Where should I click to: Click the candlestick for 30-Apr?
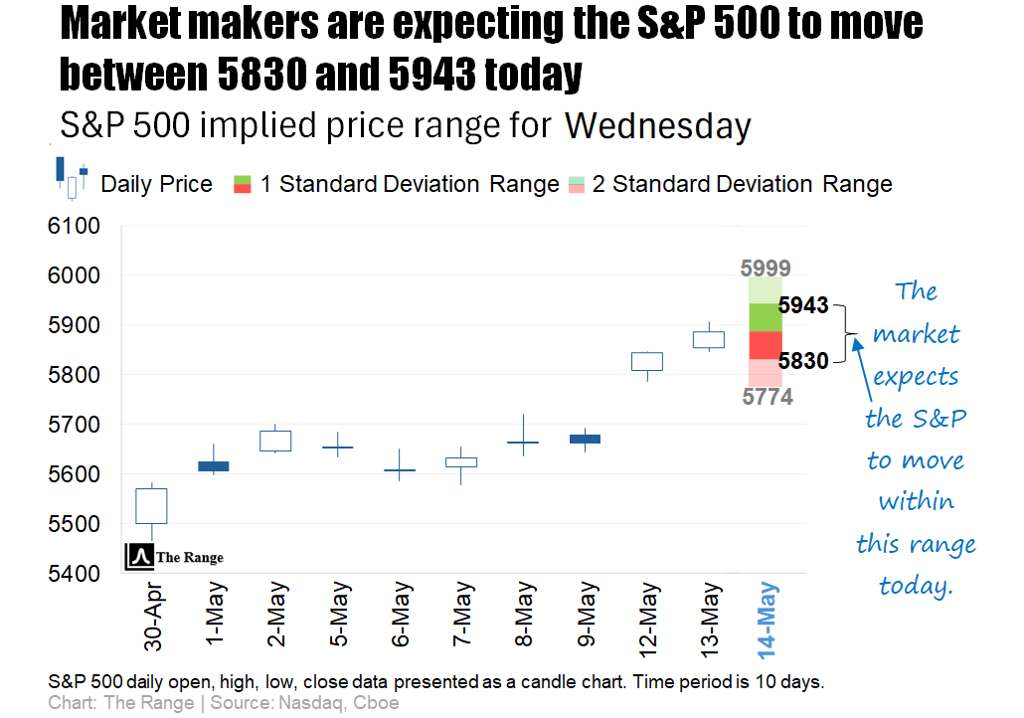152,506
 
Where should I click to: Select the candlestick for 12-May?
648,361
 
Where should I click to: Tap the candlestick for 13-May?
708,339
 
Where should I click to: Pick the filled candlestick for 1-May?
213,465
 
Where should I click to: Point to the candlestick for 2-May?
275,441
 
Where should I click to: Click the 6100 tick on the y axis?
74,227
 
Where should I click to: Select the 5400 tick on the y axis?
74,574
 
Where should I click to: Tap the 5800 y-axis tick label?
74,376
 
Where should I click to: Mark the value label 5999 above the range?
766,268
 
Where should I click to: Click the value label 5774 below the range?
766,397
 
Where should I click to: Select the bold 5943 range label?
803,305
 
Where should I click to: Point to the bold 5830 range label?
803,361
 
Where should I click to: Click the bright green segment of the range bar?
765,317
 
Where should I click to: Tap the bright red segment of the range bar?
765,344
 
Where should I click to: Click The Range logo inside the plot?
174,557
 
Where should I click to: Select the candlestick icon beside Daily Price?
71,178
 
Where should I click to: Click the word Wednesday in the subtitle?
657,126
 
